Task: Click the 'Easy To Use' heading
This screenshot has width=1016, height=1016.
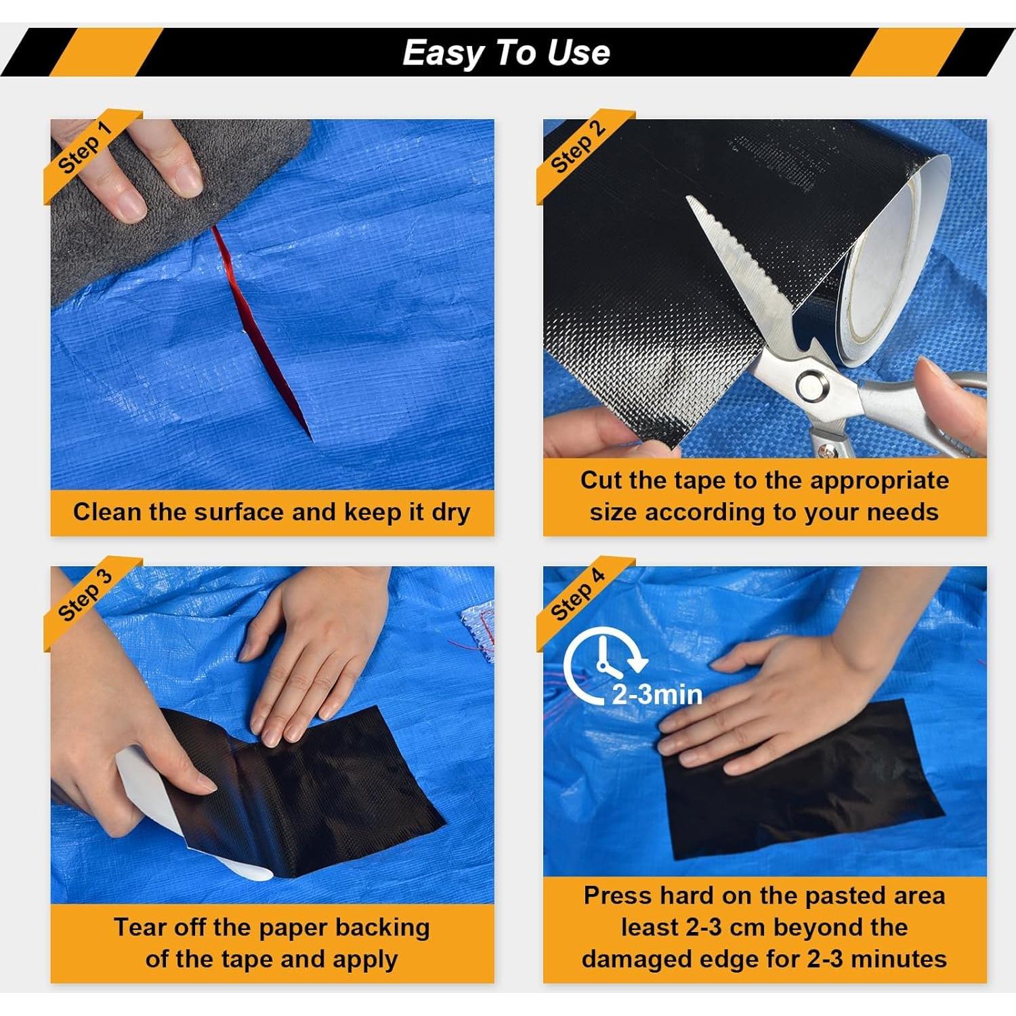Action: pyautogui.click(x=506, y=53)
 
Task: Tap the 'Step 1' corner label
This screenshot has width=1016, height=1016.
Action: pyautogui.click(x=84, y=148)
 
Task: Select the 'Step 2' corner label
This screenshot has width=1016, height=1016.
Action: pyautogui.click(x=577, y=148)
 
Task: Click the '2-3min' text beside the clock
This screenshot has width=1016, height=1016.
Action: pyautogui.click(x=657, y=694)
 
